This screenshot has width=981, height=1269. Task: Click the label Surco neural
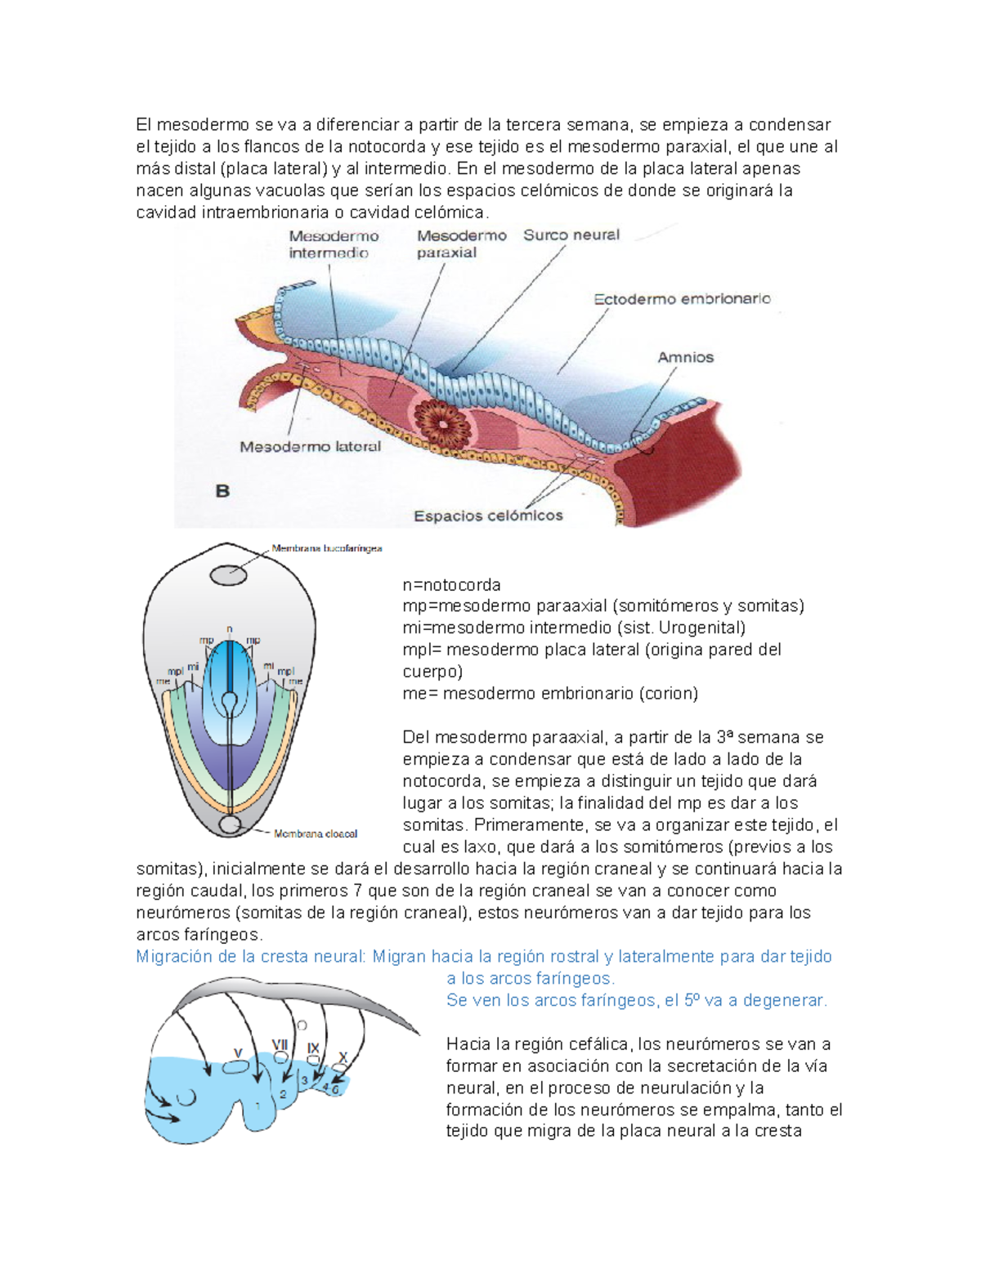point(571,235)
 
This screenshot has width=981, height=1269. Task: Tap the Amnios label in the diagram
point(685,357)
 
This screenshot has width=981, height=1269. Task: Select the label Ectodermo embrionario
point(682,299)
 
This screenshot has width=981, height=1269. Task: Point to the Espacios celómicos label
point(488,516)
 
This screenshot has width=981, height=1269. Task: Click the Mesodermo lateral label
point(310,447)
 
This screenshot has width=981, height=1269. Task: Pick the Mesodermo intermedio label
point(333,244)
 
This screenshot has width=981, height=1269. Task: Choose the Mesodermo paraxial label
point(461,244)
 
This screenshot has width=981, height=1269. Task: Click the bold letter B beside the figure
point(222,491)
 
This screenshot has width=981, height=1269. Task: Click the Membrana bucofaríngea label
point(327,548)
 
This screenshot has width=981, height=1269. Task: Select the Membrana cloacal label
point(316,834)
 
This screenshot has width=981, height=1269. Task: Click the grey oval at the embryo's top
point(229,575)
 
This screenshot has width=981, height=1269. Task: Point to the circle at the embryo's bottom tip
point(230,824)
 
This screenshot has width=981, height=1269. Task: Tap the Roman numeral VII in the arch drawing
point(280,1045)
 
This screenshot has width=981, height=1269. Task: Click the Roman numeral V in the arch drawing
point(238,1053)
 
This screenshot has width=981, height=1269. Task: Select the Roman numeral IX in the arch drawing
point(313,1048)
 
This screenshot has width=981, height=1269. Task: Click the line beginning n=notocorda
point(451,585)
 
